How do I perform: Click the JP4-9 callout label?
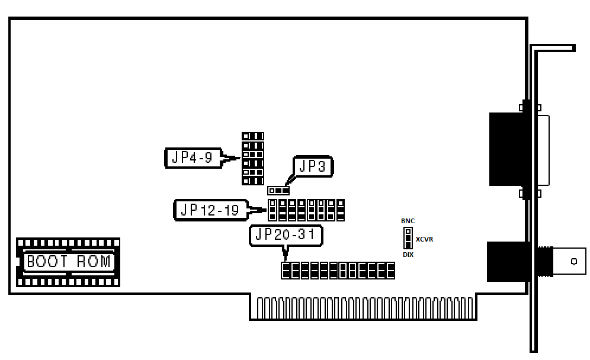pos(193,157)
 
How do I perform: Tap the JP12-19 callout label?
pos(211,210)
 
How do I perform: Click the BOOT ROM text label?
pos(69,262)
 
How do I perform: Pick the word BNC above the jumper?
pos(408,221)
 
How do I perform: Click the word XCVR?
pos(424,239)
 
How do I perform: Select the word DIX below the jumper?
pos(408,255)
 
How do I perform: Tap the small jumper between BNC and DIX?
pos(408,238)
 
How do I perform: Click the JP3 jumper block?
pos(278,191)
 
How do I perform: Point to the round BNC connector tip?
pos(573,261)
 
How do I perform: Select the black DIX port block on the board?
pos(506,149)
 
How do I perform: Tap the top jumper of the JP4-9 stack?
pos(253,136)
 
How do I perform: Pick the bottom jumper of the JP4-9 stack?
pos(253,181)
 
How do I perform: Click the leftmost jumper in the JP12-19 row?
pos(273,210)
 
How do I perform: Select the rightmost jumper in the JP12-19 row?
pos(340,210)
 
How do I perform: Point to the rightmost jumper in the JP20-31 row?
pos(390,271)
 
